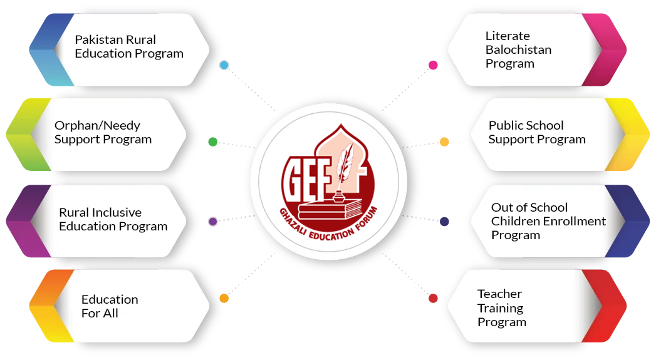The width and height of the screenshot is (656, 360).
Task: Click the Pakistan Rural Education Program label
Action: (129, 47)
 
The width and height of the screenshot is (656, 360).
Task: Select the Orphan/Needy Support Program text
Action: (103, 132)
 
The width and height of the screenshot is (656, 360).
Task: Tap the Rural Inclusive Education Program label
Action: (113, 219)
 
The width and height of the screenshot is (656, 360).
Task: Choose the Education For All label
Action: (110, 306)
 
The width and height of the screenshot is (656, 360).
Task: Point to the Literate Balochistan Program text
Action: (509, 49)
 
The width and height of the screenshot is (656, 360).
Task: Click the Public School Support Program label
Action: (537, 132)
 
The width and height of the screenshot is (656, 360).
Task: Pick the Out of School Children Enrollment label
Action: (548, 221)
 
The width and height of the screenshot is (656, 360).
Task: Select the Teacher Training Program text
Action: (501, 308)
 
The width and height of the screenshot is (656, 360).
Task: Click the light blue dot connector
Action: (224, 65)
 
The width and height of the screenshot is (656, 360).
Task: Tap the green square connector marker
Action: (212, 142)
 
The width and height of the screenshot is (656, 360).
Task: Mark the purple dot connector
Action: (212, 222)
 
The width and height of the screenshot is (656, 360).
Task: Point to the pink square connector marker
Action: (432, 65)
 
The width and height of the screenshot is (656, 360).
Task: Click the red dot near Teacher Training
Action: (433, 299)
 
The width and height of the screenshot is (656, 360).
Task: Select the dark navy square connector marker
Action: (445, 222)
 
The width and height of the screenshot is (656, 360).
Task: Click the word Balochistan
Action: (518, 49)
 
